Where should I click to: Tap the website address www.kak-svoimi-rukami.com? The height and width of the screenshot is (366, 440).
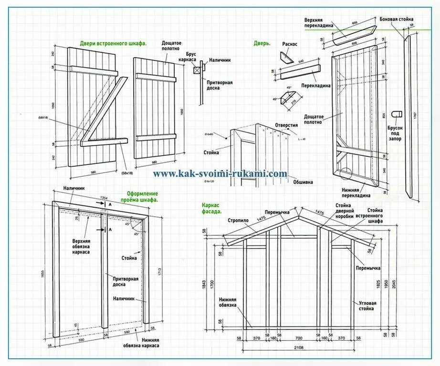click(x=220, y=174)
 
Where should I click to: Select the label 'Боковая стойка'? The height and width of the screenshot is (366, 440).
click(x=397, y=20)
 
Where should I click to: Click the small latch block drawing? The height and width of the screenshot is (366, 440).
click(x=396, y=113)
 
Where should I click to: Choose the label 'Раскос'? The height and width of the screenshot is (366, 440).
click(x=290, y=44)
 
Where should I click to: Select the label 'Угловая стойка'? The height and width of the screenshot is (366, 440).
click(x=367, y=305)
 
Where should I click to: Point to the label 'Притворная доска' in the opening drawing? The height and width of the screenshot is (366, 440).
click(x=126, y=281)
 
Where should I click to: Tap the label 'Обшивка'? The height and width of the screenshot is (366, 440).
click(x=304, y=182)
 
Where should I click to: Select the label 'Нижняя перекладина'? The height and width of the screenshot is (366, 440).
click(x=356, y=192)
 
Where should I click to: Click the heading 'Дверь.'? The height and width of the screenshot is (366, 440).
click(x=262, y=43)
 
